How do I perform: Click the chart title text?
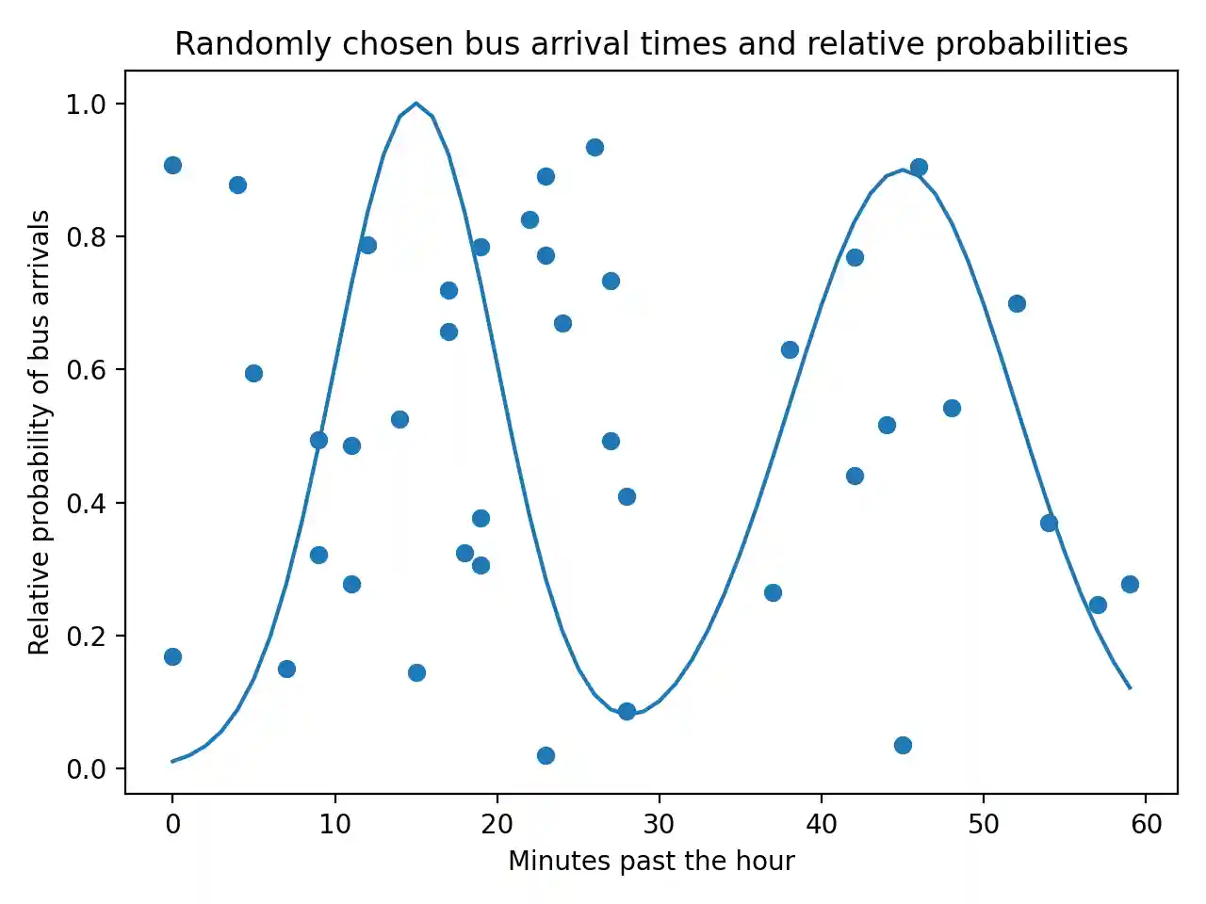coord(651,44)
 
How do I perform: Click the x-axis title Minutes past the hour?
coord(651,861)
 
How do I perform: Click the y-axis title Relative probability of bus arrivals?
coord(39,432)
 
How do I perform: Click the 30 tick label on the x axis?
coord(659,825)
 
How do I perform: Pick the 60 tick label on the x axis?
coord(1146,825)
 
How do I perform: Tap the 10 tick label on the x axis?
coord(334,825)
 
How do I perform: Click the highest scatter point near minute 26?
coord(595,147)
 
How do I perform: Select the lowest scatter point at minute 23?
coord(546,755)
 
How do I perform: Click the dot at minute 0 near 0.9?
coord(172,165)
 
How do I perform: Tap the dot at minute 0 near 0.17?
coord(172,656)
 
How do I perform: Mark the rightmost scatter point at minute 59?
coord(1130,584)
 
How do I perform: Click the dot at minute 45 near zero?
coord(903,745)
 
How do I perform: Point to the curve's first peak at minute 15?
coord(416,104)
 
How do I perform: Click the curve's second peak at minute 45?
coord(903,170)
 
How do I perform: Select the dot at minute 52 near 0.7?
coord(1017,303)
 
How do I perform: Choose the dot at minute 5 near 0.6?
coord(253,373)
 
